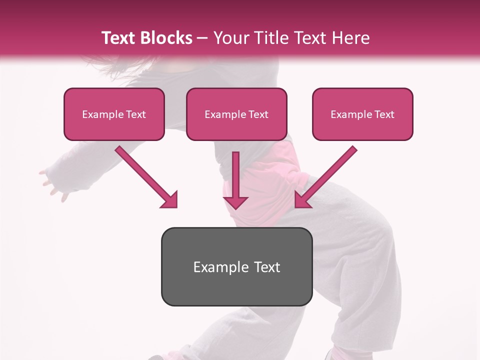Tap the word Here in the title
[350, 38]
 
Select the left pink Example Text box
[114, 114]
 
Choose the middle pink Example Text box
[236, 114]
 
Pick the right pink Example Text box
[362, 114]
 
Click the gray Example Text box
[236, 266]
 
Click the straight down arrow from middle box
[235, 175]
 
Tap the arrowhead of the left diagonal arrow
[170, 200]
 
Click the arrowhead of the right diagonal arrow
[302, 200]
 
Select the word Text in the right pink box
[384, 114]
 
